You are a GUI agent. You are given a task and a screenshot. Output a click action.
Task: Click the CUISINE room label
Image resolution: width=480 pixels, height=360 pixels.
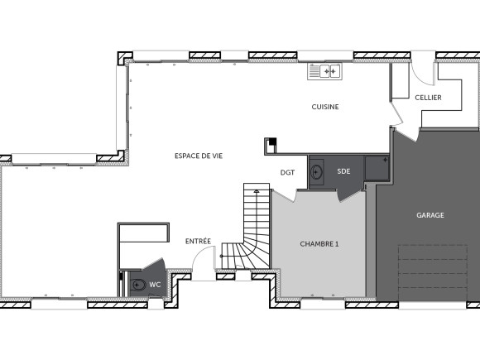point(325,107)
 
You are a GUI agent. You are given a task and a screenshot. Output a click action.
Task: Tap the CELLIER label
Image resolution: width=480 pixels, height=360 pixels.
point(428,98)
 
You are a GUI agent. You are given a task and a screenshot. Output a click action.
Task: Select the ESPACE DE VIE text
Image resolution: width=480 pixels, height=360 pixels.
point(198,156)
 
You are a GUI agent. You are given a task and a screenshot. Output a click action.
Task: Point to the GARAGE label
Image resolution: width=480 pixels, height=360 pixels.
point(430,215)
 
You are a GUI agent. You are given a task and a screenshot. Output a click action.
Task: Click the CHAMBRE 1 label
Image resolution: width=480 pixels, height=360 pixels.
point(319,244)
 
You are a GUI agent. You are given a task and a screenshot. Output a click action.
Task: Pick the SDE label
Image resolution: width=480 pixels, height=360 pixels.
point(343,171)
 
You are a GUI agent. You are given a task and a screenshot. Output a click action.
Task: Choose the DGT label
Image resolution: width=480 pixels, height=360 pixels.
point(287,172)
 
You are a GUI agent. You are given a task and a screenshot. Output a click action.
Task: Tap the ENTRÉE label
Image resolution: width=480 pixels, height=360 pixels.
point(198,241)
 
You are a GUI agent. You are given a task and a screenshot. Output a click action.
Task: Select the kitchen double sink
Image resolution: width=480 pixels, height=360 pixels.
point(324,72)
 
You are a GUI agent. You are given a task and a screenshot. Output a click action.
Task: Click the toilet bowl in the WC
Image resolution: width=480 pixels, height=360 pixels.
point(138,286)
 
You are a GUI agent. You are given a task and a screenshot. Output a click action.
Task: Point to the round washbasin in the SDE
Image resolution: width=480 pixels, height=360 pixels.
point(317,173)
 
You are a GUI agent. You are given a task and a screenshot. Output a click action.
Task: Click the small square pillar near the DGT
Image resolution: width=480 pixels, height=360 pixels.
point(270,146)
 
